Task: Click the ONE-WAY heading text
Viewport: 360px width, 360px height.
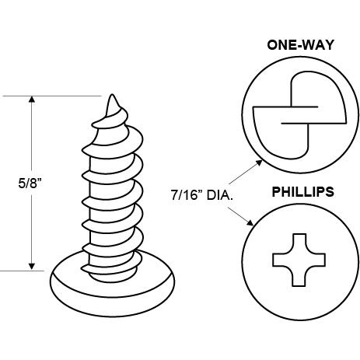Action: (300, 45)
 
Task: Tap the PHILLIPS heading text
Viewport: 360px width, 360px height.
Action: (302, 192)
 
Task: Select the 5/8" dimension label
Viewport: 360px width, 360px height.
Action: (30, 183)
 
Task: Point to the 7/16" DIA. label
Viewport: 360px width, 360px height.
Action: (201, 195)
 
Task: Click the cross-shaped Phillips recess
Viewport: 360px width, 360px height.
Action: (299, 260)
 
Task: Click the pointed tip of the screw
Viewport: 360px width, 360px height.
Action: (112, 96)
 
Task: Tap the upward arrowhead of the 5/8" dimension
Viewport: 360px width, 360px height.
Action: (32, 100)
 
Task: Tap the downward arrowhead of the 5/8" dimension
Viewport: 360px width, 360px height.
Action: (32, 267)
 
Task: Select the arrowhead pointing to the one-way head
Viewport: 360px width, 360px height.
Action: (259, 163)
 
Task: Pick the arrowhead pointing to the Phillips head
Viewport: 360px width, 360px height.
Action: (250, 222)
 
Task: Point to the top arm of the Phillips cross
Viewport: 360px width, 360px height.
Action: (299, 243)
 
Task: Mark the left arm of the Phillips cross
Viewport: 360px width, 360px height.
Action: (281, 260)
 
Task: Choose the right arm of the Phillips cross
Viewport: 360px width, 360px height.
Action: (316, 260)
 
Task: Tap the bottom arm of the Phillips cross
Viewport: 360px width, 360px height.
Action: (299, 278)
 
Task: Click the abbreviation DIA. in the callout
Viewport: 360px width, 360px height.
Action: (220, 195)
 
